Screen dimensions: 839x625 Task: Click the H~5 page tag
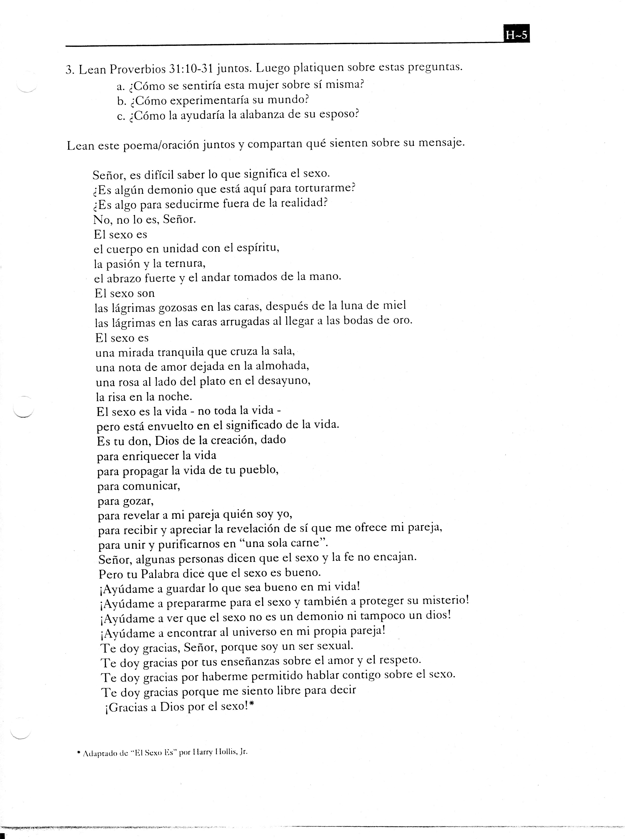coord(516,35)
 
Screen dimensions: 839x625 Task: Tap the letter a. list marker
coord(121,86)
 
